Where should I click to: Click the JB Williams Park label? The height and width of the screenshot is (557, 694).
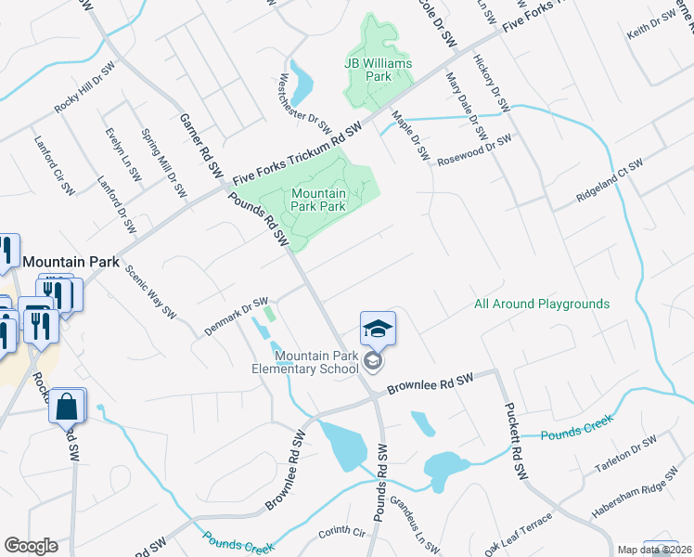pos(379,70)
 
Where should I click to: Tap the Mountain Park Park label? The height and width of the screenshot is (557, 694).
pos(318,200)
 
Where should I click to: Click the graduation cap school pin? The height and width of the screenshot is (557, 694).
pos(378,329)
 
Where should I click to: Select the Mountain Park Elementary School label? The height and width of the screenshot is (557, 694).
pos(316,362)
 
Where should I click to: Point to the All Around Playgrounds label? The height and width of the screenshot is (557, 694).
pos(542,304)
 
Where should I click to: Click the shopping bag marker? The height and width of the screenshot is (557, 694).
pos(68,407)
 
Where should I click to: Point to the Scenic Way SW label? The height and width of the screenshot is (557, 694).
pos(150,293)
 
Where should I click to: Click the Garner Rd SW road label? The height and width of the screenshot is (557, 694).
pos(201,146)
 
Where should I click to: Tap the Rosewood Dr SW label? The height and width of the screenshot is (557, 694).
pos(474,149)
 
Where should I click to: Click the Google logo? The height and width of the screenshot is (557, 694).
pos(31,546)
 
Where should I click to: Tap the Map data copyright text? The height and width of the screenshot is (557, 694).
pos(655,550)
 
